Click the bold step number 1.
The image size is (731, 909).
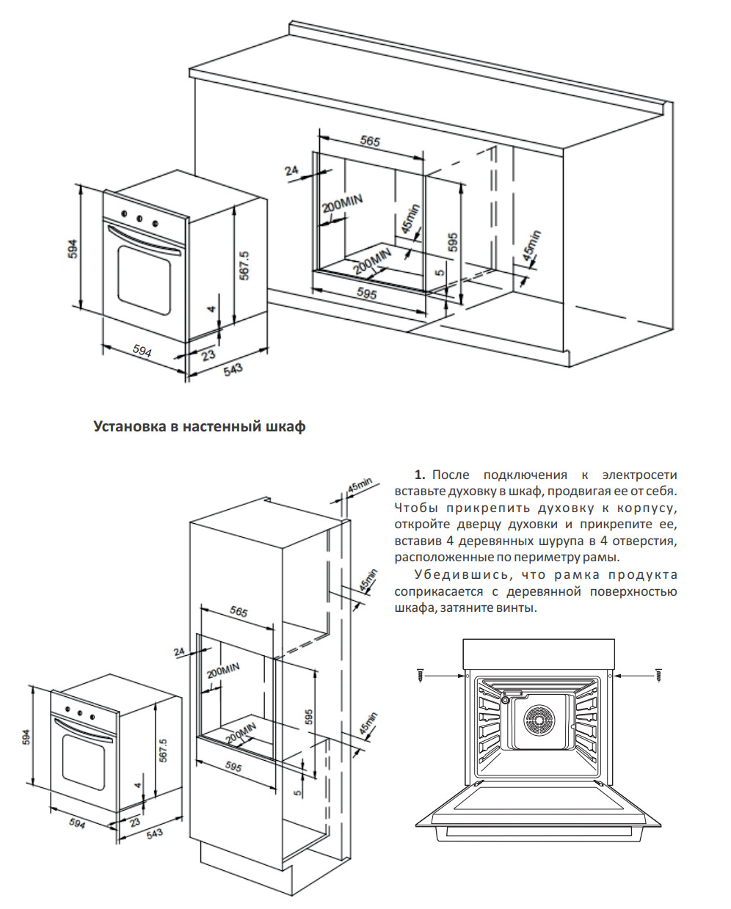tap(420, 475)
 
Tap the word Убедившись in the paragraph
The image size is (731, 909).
tap(451, 575)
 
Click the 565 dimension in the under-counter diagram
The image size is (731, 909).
tap(371, 142)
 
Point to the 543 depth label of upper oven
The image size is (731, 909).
tap(233, 369)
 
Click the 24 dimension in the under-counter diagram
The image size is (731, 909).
tap(292, 171)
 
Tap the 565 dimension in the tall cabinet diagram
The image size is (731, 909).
tap(239, 612)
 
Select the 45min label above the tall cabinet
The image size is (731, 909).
tap(360, 485)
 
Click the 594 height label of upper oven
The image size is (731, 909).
tap(72, 249)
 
